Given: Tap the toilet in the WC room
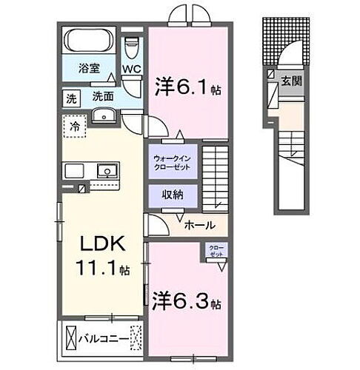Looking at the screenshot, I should pyautogui.click(x=132, y=50).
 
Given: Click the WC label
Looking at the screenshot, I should pyautogui.click(x=132, y=70).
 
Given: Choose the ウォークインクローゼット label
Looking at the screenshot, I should pyautogui.click(x=172, y=162).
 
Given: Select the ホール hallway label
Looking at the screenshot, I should pyautogui.click(x=200, y=225).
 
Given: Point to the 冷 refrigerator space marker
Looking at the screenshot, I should pyautogui.click(x=75, y=127).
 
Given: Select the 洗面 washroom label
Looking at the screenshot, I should pyautogui.click(x=102, y=97).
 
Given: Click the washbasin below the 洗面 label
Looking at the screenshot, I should pyautogui.click(x=104, y=115).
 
